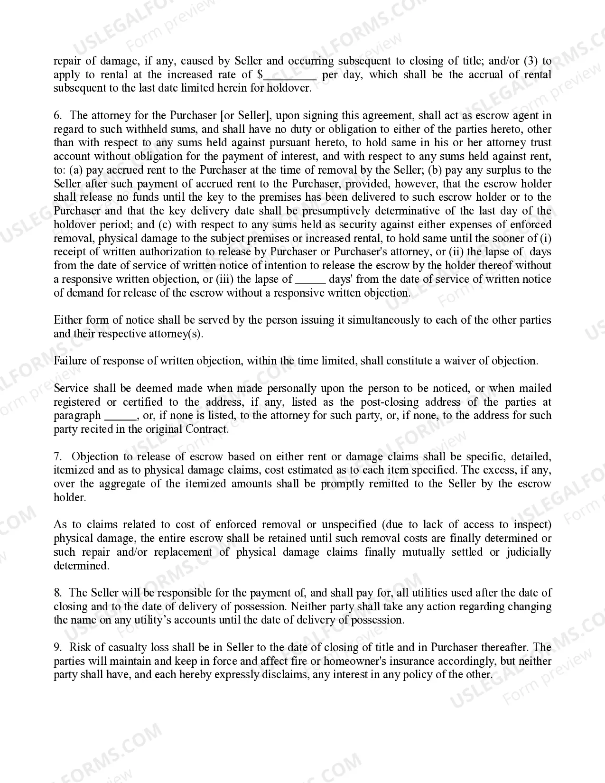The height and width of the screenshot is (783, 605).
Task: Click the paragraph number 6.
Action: (57, 115)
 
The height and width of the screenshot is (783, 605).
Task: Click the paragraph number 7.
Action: (57, 457)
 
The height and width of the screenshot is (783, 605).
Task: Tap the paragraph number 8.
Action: (57, 593)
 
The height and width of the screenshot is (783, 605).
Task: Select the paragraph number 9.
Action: (57, 647)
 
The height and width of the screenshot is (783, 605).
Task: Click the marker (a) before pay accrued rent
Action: (76, 170)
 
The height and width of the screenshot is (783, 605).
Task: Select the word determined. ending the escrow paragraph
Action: (81, 566)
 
